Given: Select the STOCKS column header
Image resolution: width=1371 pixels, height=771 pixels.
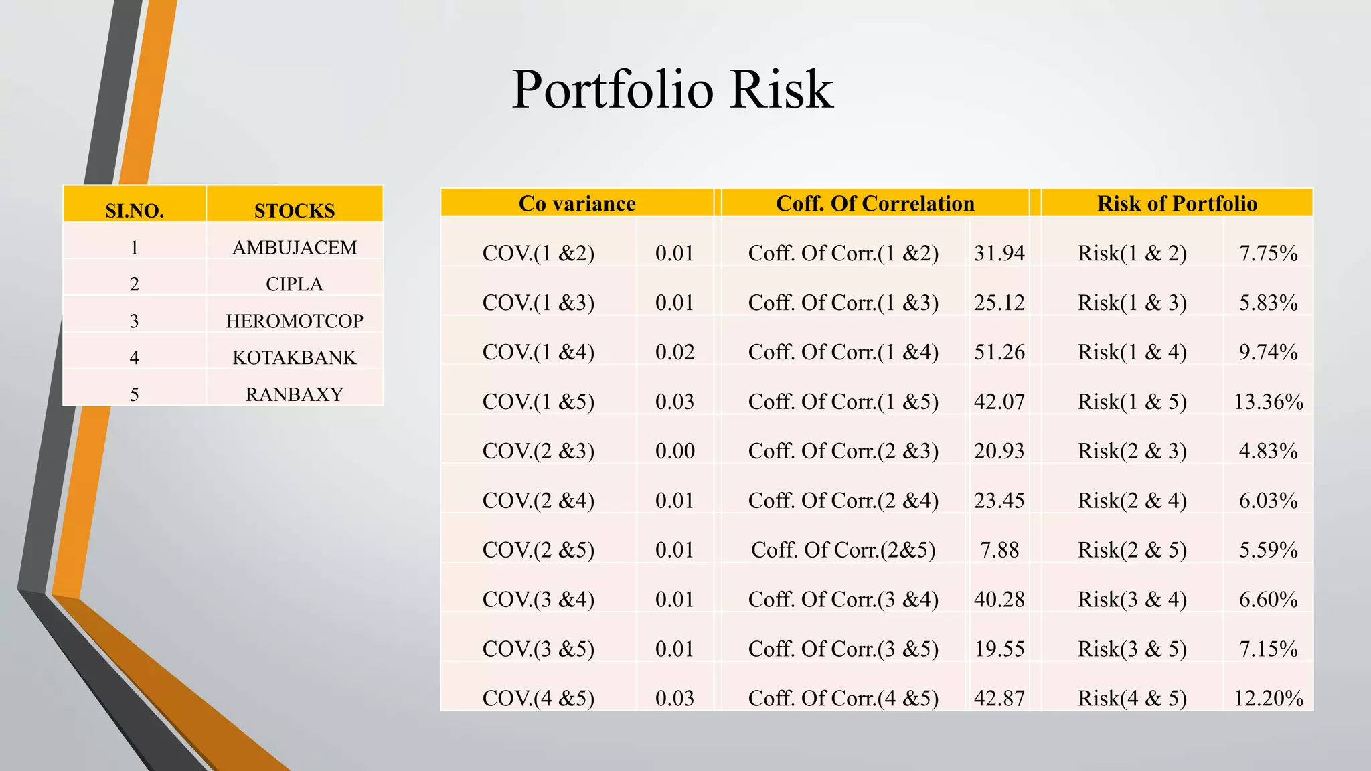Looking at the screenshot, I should (295, 211).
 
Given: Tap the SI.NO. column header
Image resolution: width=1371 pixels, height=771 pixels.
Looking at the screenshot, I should (135, 211).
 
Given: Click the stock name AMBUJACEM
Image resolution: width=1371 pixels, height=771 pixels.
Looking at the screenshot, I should (295, 248).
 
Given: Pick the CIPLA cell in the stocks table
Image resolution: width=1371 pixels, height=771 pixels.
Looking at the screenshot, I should (295, 284).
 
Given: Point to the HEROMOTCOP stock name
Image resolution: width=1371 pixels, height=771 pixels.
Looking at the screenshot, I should (295, 321).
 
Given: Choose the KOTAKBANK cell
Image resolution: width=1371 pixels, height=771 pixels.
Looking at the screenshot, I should (295, 357).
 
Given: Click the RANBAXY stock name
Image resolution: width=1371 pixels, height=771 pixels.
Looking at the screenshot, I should (295, 394).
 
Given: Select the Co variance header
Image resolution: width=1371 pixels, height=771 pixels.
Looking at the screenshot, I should (577, 203).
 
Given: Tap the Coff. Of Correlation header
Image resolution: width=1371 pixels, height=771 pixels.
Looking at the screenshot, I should (875, 203).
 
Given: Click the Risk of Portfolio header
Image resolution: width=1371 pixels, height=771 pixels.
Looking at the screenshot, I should (1177, 203).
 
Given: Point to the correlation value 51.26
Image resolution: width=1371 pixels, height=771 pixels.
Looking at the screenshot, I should (999, 352).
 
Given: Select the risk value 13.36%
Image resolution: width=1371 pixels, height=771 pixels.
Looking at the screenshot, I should (1268, 402).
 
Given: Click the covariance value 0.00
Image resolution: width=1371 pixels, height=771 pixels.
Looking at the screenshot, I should (675, 451).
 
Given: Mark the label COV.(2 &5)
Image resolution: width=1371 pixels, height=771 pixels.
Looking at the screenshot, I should (538, 550).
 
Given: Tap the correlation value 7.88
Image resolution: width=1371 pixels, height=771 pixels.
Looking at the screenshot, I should (999, 550).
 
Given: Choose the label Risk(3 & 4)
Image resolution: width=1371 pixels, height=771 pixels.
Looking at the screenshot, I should (1132, 600).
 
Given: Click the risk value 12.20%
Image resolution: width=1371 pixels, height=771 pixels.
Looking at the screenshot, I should (1268, 699).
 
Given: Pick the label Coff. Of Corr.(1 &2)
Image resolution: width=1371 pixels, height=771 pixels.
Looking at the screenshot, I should (843, 253).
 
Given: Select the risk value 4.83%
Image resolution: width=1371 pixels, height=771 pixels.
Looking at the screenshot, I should (1268, 451).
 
